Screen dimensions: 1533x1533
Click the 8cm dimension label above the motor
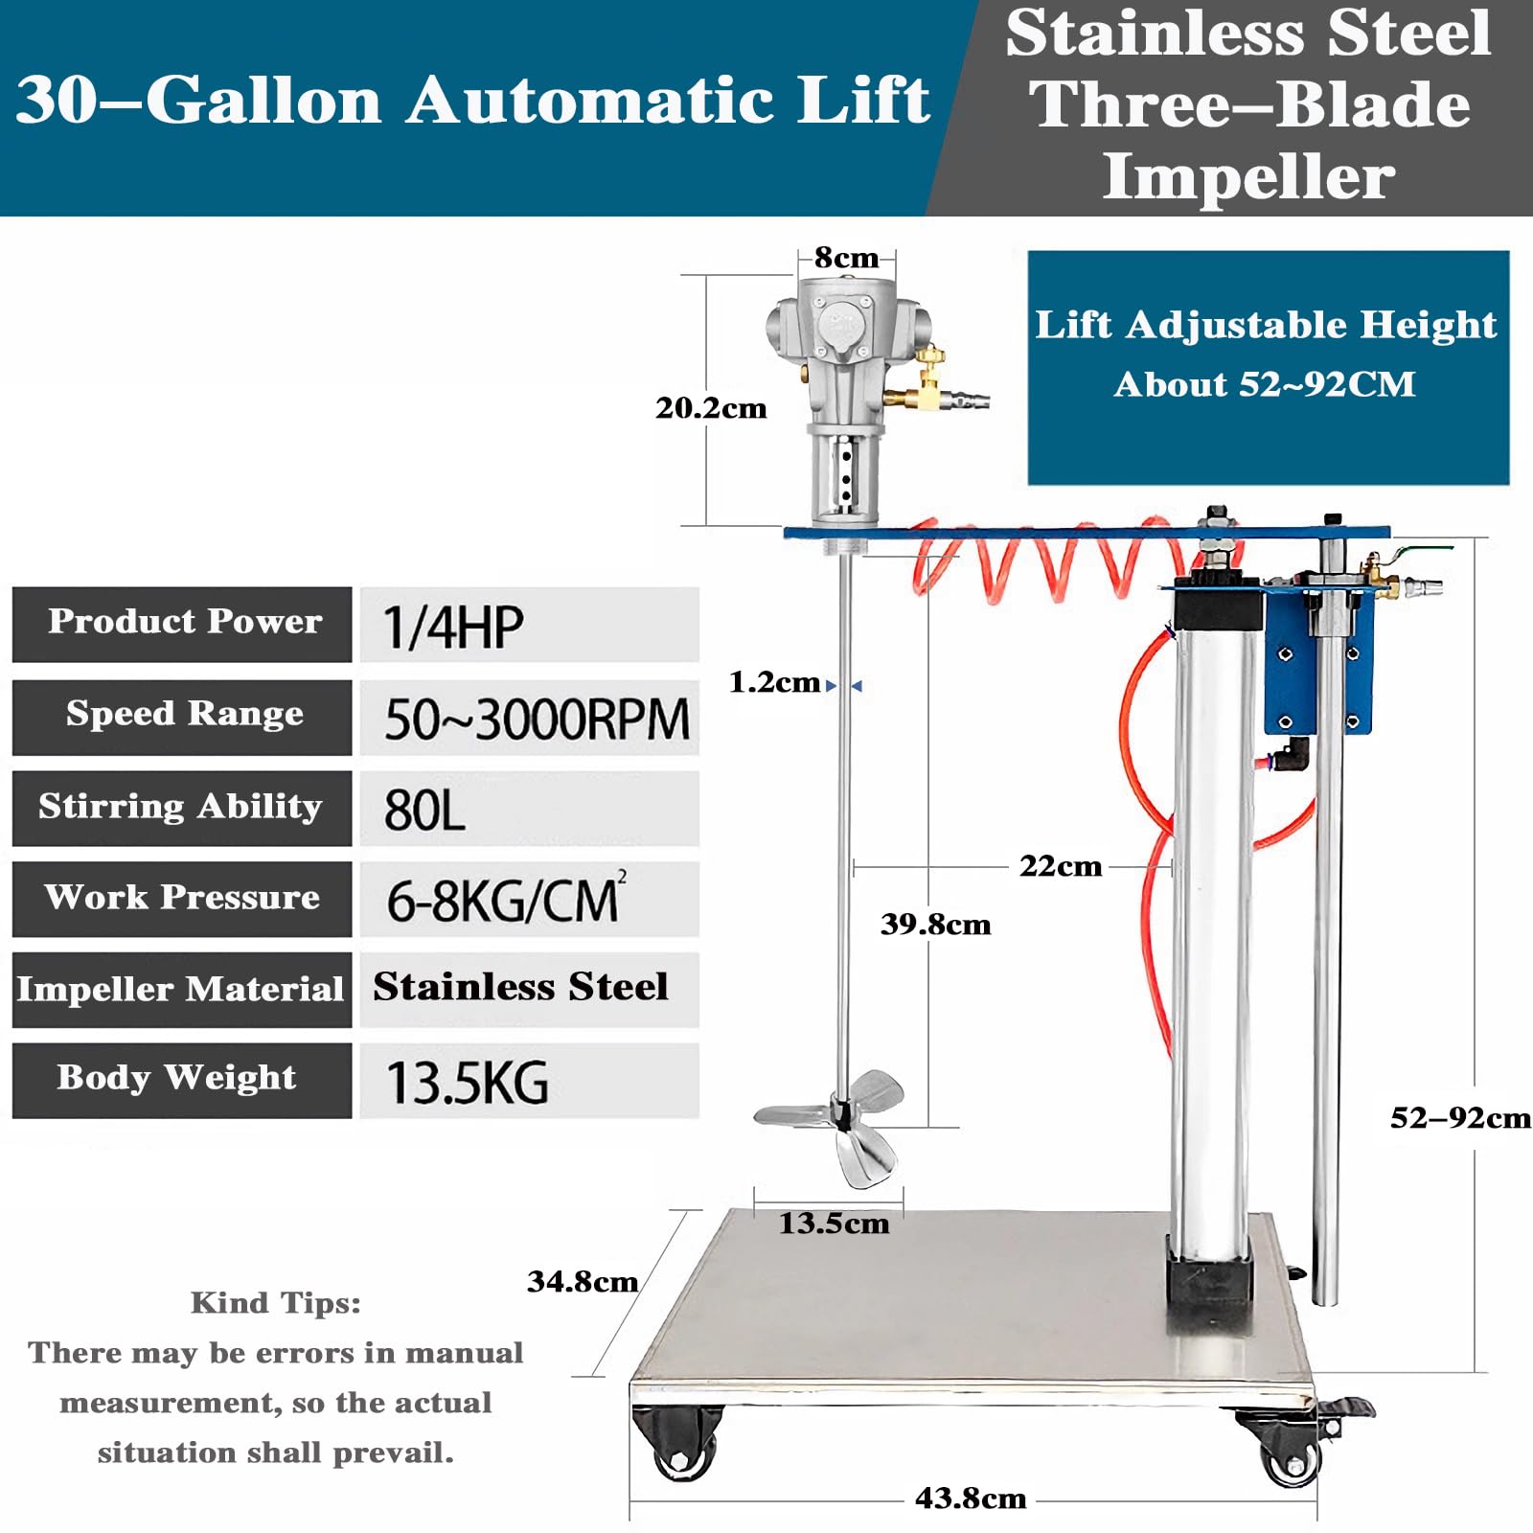[x=846, y=258]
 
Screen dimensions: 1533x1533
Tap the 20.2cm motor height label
[x=711, y=408]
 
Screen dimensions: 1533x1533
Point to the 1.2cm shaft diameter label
[x=774, y=682]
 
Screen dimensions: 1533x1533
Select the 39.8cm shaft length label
[x=935, y=925]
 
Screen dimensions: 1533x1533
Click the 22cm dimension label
[x=1060, y=866]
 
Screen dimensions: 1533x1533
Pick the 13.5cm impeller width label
[x=834, y=1224]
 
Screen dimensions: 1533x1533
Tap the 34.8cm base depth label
[x=583, y=1282]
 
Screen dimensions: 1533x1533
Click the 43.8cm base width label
[x=971, y=1499]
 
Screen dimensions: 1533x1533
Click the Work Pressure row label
[x=182, y=898]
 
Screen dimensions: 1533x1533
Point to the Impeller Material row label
[x=181, y=989]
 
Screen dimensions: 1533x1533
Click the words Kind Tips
[x=276, y=1303]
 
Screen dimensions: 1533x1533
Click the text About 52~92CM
[x=1265, y=385]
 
